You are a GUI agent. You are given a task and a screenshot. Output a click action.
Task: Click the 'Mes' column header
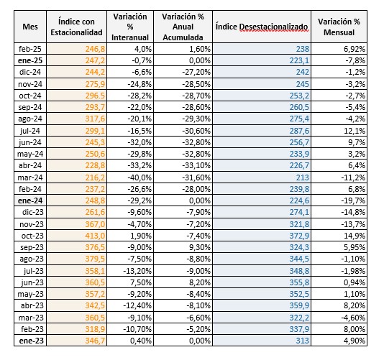pos(30,27)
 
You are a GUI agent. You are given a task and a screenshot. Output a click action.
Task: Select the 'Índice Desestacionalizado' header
pos(262,27)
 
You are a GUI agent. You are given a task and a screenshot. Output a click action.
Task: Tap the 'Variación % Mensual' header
pos(339,27)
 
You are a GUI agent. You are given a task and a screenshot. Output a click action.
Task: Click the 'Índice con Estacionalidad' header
pos(76,27)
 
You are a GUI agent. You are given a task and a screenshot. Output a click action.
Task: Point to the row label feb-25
pos(30,49)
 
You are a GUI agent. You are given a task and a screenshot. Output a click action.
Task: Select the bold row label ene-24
pos(30,200)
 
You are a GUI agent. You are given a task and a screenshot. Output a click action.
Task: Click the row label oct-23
pos(32,236)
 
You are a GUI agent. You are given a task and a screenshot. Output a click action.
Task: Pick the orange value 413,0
pos(95,236)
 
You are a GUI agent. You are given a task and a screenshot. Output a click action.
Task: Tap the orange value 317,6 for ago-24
pos(95,119)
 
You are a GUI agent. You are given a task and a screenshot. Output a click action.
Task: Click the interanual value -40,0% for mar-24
pos(140,177)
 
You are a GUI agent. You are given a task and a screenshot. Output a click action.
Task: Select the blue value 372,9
pos(299,236)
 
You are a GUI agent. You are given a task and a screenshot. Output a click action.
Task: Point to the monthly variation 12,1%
pos(355,131)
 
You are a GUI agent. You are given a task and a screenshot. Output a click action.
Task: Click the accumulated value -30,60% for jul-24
pos(196,131)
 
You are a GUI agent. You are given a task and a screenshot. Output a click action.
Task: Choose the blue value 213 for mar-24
pos(303,177)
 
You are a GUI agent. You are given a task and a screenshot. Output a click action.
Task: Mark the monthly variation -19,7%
pos(353,200)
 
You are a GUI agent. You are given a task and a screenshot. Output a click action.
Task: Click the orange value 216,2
pos(95,177)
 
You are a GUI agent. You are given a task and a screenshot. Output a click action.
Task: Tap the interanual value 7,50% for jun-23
pos(141,282)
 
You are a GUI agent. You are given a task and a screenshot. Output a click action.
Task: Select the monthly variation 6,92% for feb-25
pos(355,49)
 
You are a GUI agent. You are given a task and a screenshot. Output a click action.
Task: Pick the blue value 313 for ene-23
pos(303,341)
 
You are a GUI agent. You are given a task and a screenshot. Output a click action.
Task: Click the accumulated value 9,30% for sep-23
pos(200,247)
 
